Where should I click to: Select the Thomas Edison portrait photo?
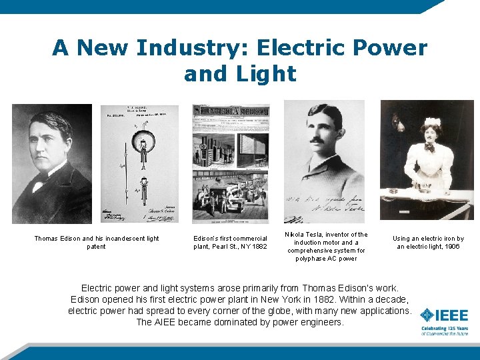[x=52, y=163]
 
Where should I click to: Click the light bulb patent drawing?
[x=139, y=163]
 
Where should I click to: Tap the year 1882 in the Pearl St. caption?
[x=259, y=247]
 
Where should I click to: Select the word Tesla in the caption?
[x=313, y=235]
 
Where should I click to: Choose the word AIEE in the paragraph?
[x=170, y=322]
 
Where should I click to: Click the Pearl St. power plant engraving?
[x=231, y=163]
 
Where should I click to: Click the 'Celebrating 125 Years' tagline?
[x=444, y=328]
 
